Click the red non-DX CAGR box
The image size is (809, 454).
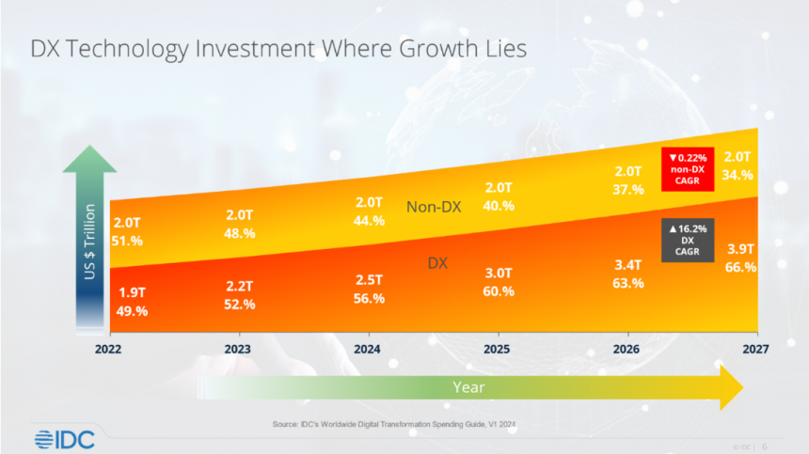click(x=688, y=169)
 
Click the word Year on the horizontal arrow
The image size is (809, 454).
click(x=468, y=385)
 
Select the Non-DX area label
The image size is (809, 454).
click(x=434, y=207)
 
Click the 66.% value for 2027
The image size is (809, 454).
click(x=741, y=267)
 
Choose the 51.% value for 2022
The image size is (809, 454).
click(x=128, y=241)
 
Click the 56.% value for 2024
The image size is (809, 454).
click(x=369, y=298)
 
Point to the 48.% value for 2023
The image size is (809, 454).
click(x=239, y=233)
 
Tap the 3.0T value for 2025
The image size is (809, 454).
click(x=499, y=274)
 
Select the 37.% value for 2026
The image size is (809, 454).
click(x=627, y=189)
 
